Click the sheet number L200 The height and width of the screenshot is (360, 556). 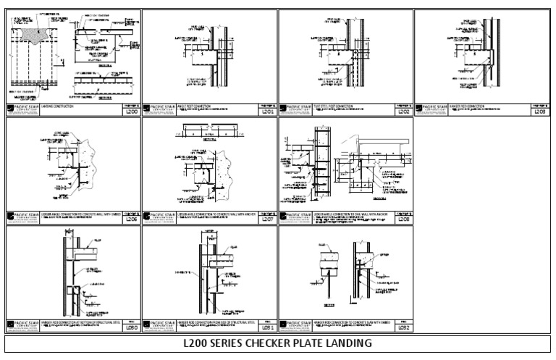130,112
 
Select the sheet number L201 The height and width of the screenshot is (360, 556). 266,112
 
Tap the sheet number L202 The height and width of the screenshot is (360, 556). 403,112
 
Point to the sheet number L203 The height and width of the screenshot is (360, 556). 539,112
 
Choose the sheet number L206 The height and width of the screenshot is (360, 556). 130,220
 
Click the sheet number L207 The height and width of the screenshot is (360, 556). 266,220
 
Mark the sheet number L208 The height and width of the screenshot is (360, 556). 403,220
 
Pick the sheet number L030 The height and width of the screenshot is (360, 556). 130,327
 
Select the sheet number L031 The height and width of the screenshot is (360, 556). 266,327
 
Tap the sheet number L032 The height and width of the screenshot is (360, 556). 403,327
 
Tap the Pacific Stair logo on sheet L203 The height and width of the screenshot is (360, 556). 432,109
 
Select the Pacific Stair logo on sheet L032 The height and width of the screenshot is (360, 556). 296,325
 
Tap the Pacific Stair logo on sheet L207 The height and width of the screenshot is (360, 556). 159,217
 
